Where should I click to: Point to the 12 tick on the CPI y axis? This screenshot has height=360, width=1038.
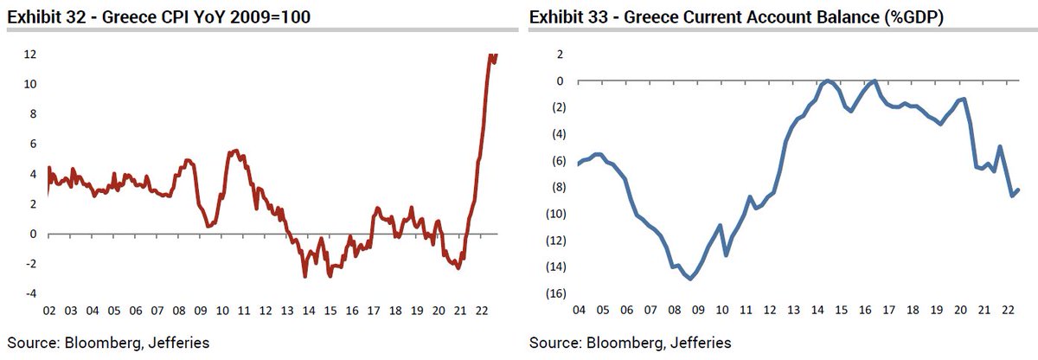point(29,55)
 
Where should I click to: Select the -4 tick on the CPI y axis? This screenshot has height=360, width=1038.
point(29,293)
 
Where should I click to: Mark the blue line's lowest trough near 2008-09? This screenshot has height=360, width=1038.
point(689,278)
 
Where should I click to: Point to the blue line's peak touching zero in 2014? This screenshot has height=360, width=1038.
point(828,80)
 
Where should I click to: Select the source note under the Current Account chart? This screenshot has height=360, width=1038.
point(630,344)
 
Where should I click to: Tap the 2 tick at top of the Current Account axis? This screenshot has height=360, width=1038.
point(560,55)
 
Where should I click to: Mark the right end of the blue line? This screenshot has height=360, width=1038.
point(1018,190)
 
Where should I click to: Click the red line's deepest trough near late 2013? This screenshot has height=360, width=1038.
point(304,276)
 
